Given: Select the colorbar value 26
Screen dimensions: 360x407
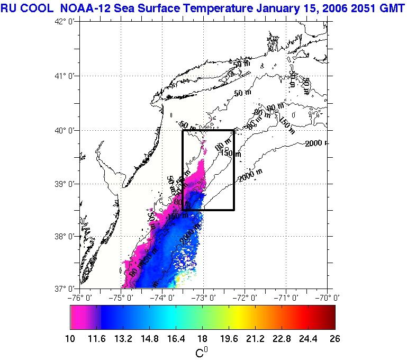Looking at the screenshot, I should [x=334, y=338].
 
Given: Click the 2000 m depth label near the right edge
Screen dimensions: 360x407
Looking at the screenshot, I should [x=316, y=143].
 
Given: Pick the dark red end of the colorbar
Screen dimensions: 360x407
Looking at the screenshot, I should [x=331, y=318].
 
